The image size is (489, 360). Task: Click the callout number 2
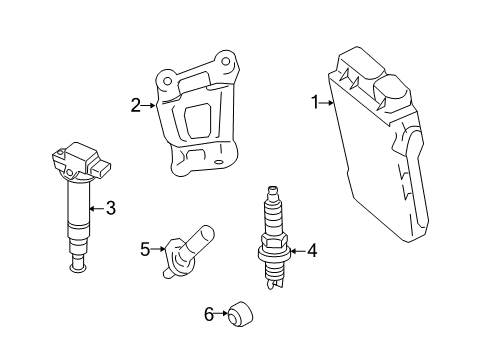tap(136, 103)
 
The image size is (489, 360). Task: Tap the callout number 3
tap(110, 208)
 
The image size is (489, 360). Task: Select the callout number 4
tap(311, 251)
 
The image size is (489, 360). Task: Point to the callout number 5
tap(144, 249)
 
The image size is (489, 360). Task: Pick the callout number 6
tap(209, 315)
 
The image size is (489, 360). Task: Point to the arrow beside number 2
tap(150, 103)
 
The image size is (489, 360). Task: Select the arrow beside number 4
tap(294, 251)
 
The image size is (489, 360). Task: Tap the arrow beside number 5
tap(158, 249)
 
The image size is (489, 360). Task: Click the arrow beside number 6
tap(222, 315)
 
